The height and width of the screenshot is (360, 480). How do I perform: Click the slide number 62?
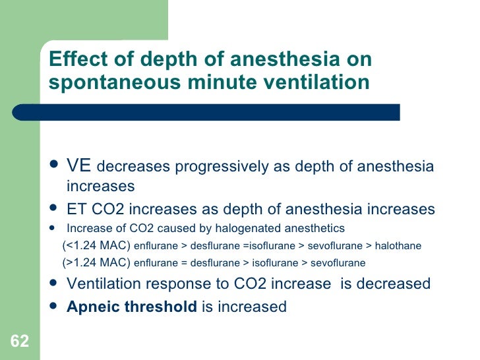[x=20, y=342]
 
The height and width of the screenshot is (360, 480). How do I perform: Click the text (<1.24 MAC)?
[x=97, y=246]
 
